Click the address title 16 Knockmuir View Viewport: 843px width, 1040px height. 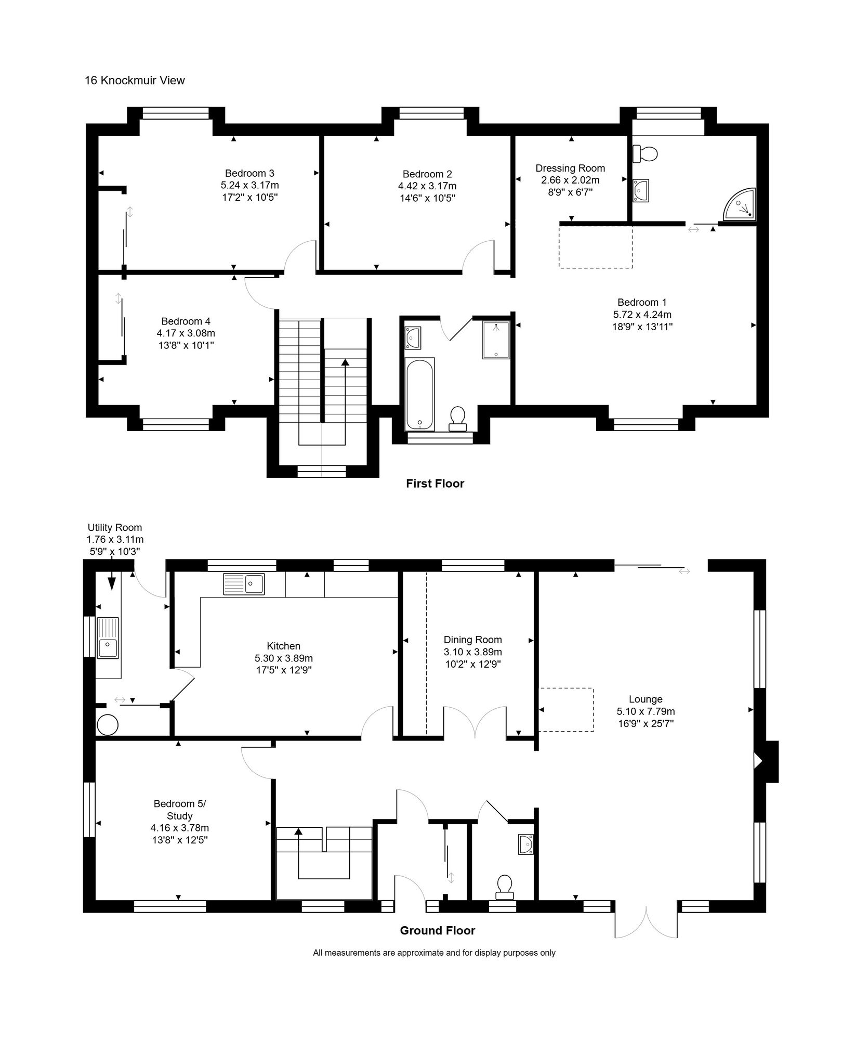pos(135,81)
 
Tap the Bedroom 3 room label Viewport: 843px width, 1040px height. pos(249,173)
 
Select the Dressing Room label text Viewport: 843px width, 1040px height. pos(570,168)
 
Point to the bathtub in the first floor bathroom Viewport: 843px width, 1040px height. pos(420,394)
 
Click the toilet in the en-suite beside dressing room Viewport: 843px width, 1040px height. pos(646,153)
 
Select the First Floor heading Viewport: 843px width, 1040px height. pos(434,484)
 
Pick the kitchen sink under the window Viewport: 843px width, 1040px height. pos(244,583)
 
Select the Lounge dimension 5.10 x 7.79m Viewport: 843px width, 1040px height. pos(646,711)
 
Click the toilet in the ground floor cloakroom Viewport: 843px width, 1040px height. pos(504,888)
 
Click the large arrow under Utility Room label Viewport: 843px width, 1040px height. pos(111,582)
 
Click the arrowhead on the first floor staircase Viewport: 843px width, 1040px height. pos(345,362)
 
